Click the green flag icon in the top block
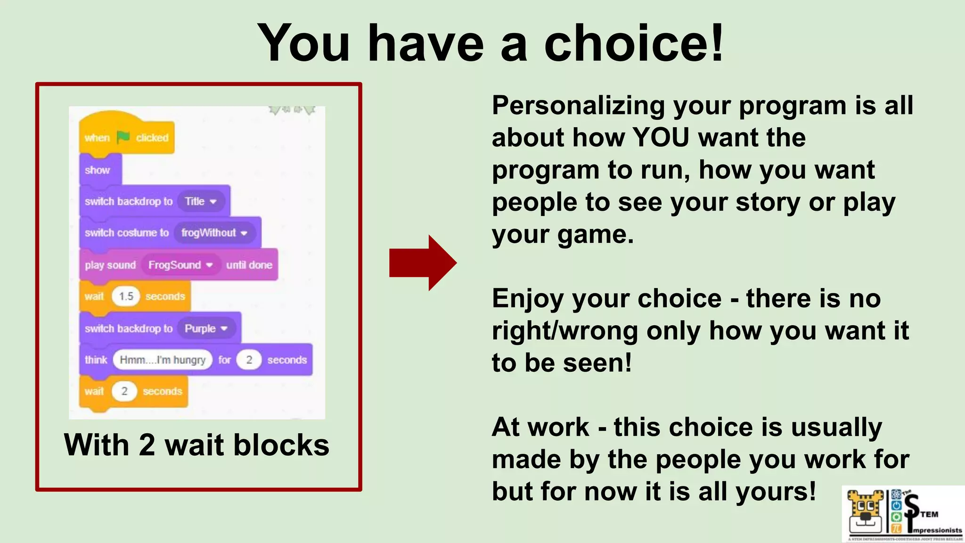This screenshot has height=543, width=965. tap(123, 137)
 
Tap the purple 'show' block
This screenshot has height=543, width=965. tap(98, 170)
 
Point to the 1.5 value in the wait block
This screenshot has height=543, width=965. tap(126, 296)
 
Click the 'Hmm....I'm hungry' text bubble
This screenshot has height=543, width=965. tap(163, 360)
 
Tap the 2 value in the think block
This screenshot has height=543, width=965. tap(249, 360)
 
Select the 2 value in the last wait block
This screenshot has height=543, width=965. tap(124, 391)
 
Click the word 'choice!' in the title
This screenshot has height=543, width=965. tap(633, 43)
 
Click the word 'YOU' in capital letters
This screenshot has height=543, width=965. tap(660, 138)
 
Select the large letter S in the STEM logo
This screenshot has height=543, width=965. tap(912, 505)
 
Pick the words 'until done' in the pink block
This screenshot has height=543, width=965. tap(249, 265)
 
